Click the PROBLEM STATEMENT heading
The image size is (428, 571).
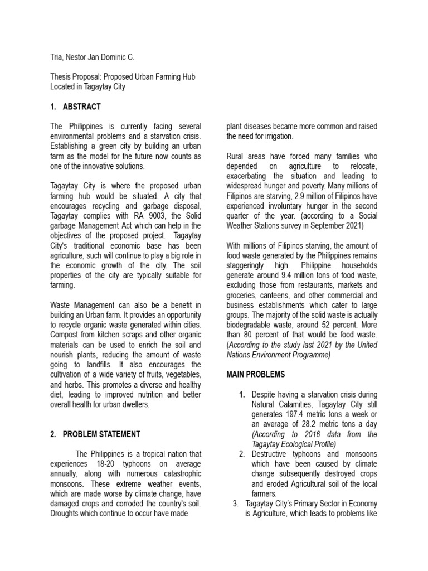coord(101,434)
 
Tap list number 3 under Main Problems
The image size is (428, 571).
coord(235,504)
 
